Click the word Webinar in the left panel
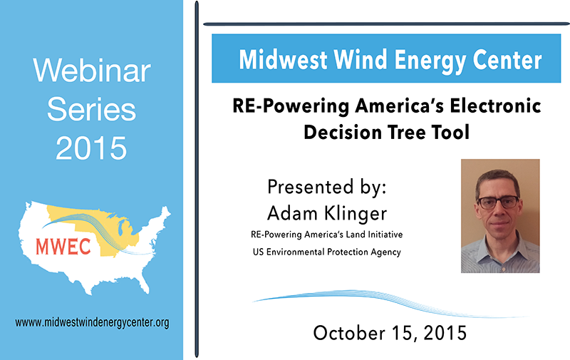(92, 70)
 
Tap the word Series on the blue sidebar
(92, 110)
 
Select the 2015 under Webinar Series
(91, 148)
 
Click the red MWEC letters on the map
(63, 246)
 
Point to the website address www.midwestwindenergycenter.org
(92, 322)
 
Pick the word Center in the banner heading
(507, 60)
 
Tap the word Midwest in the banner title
(283, 60)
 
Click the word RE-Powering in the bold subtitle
(291, 106)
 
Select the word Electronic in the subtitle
(495, 106)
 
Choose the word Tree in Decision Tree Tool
(408, 132)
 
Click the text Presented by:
(326, 187)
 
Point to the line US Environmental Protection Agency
(327, 252)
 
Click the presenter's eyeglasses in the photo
(498, 202)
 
